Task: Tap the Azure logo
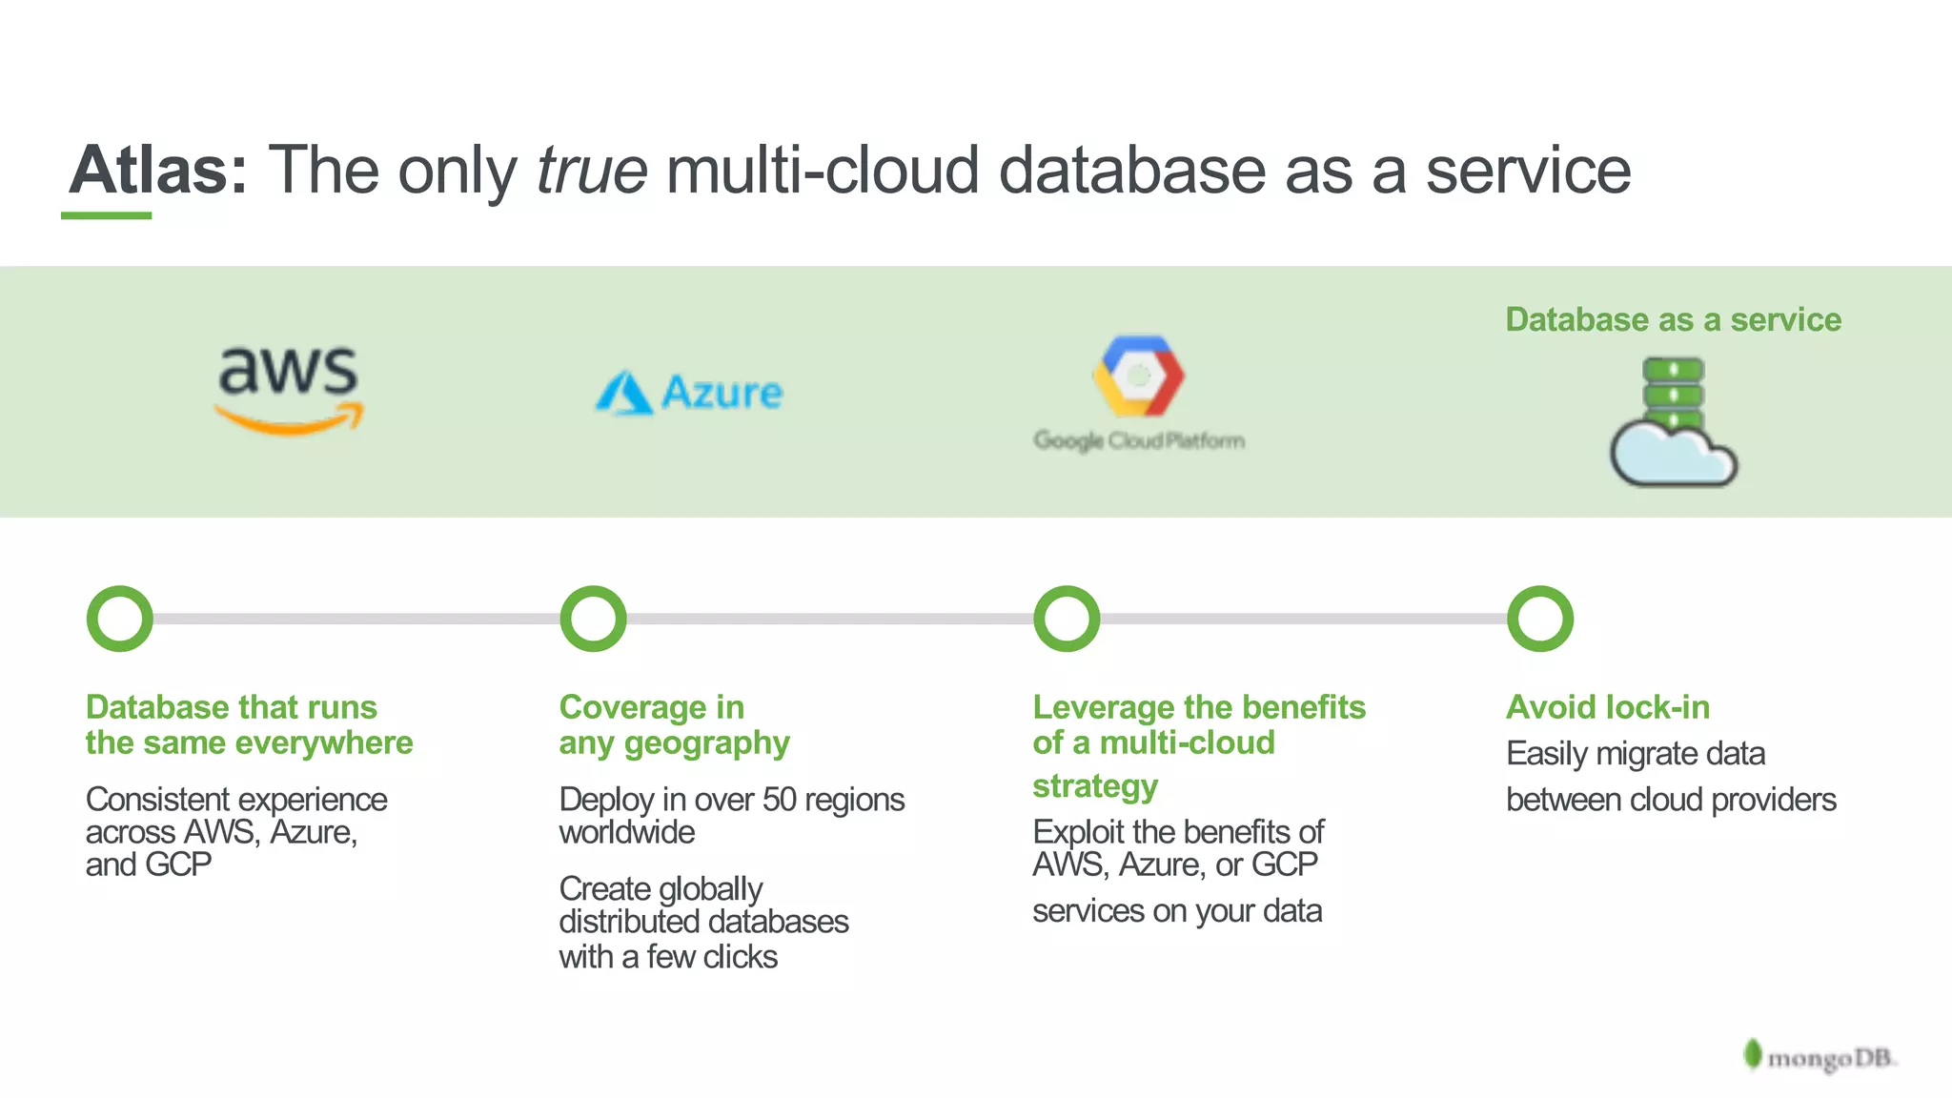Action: [689, 393]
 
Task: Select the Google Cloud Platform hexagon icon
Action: [1138, 376]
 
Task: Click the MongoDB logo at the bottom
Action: [1820, 1057]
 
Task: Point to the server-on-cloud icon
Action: [1673, 422]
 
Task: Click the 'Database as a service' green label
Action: [1673, 319]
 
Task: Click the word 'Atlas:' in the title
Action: [158, 170]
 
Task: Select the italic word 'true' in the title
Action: [592, 170]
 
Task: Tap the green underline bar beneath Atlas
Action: [106, 215]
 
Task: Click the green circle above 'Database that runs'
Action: [120, 619]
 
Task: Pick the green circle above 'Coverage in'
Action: [593, 619]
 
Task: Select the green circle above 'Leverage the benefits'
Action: [1067, 619]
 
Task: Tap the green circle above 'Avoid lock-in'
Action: [1540, 619]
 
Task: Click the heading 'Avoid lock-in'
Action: [1607, 707]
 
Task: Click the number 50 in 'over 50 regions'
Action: [779, 799]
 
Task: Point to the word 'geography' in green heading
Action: [706, 743]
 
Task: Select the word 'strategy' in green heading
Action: [1095, 786]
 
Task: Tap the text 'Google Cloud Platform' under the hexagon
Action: [1139, 440]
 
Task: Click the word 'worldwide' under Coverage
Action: [626, 832]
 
